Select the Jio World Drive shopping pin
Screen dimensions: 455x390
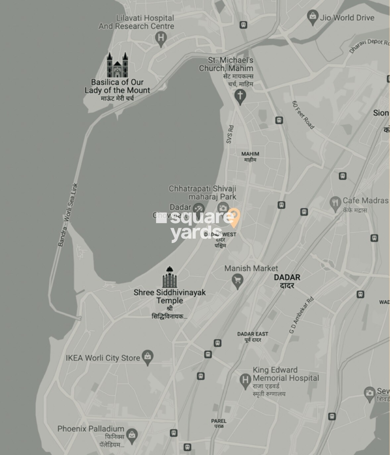tap(312, 17)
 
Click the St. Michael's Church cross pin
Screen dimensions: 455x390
tap(240, 96)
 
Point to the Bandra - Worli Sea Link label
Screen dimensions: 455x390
tap(68, 215)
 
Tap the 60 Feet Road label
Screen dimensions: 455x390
tap(303, 115)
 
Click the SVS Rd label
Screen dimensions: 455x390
tap(230, 134)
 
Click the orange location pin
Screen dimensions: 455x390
tap(234, 217)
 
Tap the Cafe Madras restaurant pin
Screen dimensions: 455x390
tap(335, 203)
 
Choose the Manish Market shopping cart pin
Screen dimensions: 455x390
tap(237, 281)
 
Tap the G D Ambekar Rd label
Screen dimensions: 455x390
tap(301, 315)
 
